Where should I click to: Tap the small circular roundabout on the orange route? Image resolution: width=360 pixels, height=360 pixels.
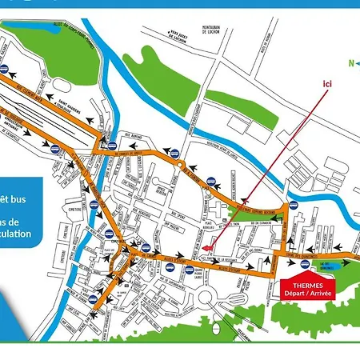(x=182, y=166)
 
